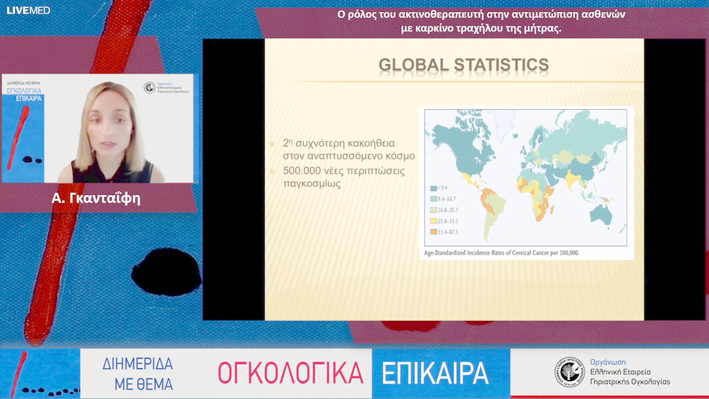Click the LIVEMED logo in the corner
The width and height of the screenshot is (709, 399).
(28, 10)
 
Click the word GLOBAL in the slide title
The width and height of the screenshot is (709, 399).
(412, 65)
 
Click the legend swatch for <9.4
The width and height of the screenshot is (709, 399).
(433, 188)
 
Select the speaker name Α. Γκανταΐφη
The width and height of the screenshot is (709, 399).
(96, 198)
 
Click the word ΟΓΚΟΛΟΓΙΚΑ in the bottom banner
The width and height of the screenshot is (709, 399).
(290, 373)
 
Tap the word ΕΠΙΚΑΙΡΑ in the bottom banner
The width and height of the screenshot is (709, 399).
(435, 373)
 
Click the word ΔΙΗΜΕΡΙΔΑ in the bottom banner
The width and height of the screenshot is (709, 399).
(138, 364)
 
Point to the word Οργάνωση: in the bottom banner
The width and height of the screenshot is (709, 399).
(609, 362)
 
